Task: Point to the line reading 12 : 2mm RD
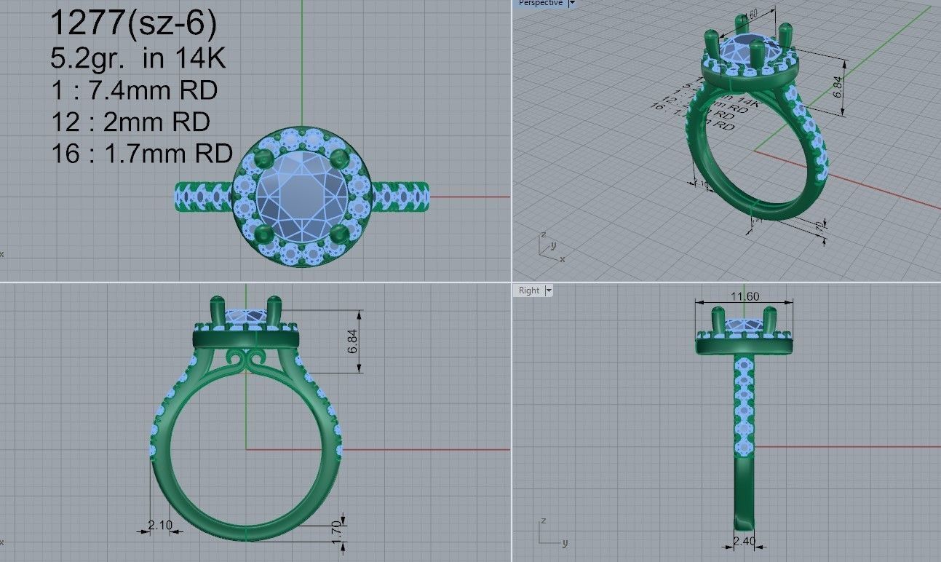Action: [131, 122]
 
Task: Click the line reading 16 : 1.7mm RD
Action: [142, 154]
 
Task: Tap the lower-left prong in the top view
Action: [264, 234]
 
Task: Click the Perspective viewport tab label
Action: [540, 3]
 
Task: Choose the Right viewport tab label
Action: [529, 290]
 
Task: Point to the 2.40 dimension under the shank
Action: [744, 542]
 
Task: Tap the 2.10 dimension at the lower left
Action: [160, 525]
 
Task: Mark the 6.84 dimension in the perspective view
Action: [838, 85]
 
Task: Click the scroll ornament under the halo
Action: [246, 360]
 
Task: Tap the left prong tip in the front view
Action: [217, 303]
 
